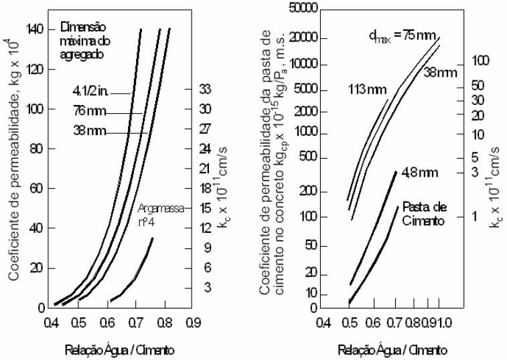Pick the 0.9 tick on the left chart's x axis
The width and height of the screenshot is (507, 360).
point(192,321)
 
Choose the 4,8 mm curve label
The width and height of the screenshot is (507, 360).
point(419,173)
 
